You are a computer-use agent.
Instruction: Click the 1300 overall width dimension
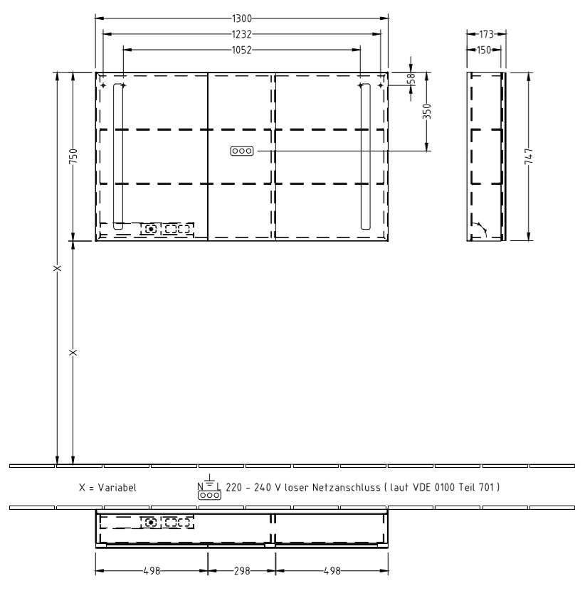241,18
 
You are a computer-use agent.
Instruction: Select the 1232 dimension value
241,34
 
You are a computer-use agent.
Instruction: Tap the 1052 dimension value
241,50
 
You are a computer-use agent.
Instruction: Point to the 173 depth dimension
486,34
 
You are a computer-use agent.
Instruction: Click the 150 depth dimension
483,50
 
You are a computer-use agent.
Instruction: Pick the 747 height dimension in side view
529,156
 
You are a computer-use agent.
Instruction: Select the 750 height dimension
73,156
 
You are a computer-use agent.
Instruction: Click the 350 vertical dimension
427,111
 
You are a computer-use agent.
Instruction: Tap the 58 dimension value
411,78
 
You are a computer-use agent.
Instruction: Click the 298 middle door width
241,571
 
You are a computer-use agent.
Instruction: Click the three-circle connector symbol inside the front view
241,151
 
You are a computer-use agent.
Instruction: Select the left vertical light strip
118,156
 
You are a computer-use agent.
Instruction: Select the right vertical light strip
365,156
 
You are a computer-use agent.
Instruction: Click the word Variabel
117,488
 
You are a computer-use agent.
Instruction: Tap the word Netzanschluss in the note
346,488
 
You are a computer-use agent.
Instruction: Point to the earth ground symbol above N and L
209,479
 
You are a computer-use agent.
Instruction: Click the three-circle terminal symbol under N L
209,495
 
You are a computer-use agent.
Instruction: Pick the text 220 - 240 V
253,488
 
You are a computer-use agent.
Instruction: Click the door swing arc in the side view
480,228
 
